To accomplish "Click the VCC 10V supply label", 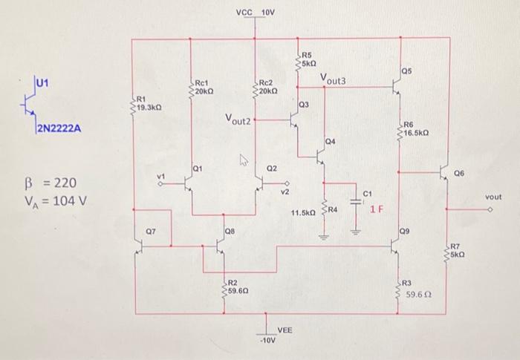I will pos(255,13).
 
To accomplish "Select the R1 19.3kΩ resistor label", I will pos(146,103).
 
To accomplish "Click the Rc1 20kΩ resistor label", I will pos(204,86).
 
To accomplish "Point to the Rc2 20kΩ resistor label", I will pos(268,86).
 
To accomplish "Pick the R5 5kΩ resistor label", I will pos(310,60).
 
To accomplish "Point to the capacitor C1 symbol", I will pos(355,209).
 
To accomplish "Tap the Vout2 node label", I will pos(238,119).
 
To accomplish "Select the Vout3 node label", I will pos(333,79).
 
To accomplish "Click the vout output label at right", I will pos(494,197).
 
